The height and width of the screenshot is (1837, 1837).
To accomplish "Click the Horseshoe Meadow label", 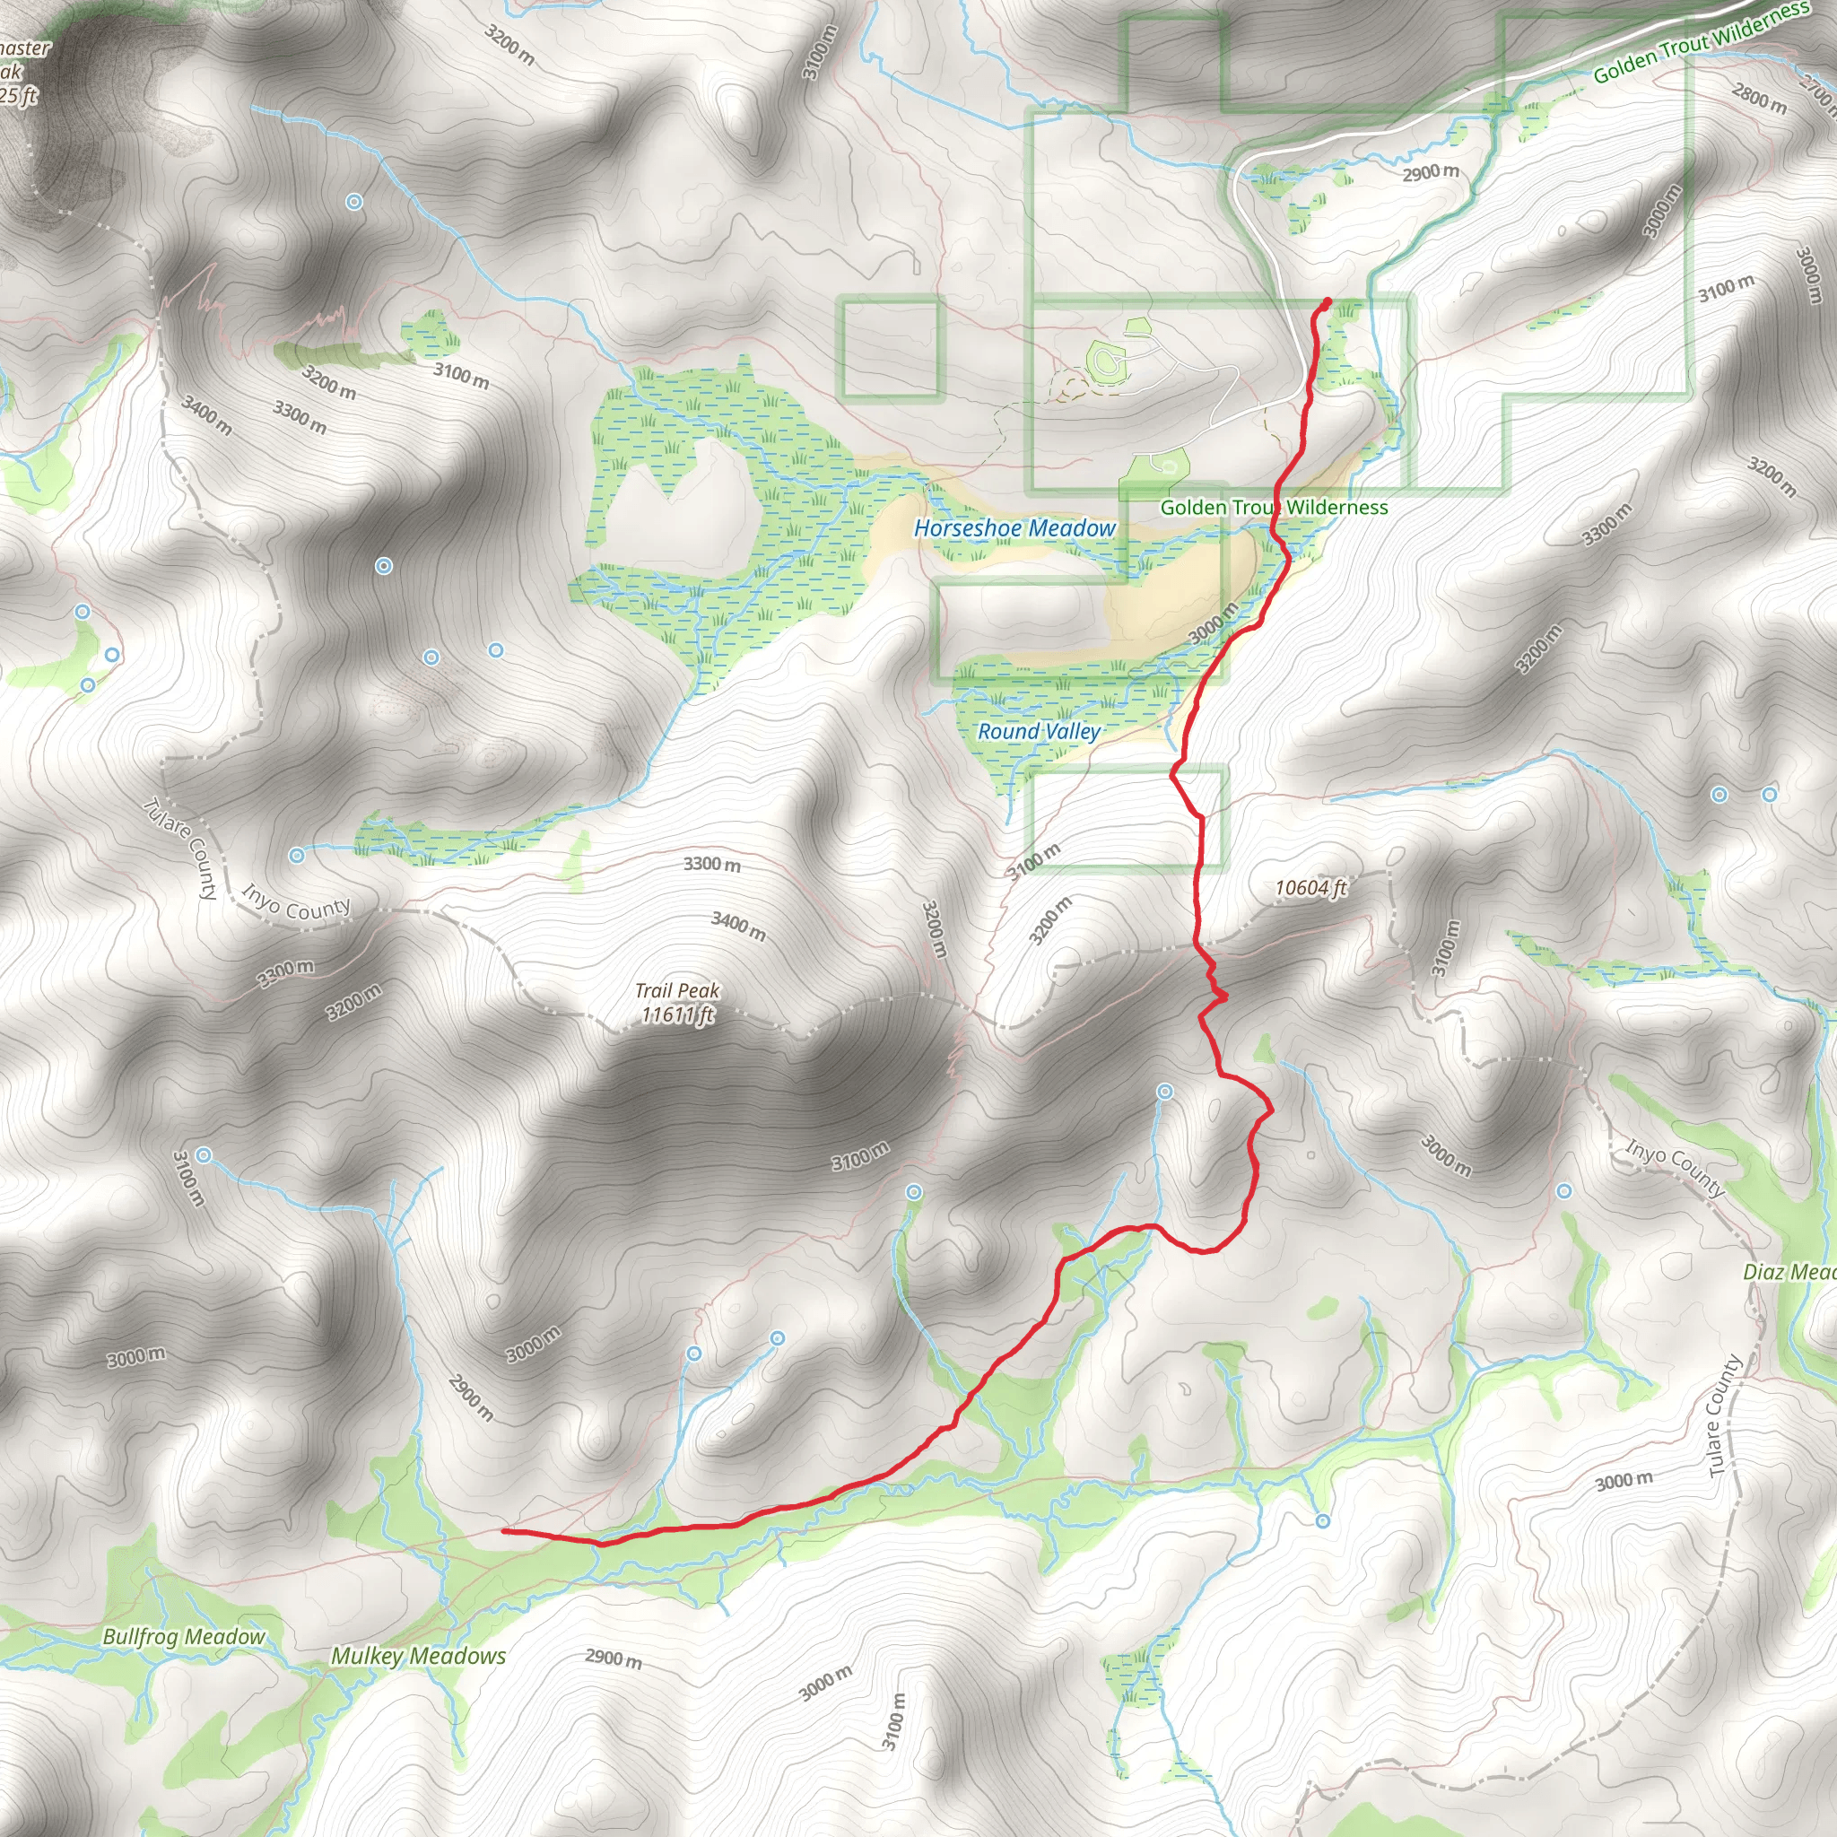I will point(1014,527).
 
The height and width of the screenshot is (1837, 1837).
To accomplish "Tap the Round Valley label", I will point(1040,731).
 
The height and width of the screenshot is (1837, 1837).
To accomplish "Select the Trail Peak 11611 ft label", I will point(677,1003).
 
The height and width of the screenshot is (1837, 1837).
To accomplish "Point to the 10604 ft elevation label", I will point(1310,888).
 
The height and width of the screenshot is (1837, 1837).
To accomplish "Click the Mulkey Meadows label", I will point(418,1657).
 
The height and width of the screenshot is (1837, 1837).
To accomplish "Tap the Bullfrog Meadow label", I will point(184,1636).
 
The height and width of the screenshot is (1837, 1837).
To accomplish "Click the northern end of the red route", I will point(1328,301).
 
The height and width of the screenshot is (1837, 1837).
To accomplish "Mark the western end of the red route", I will point(504,1531).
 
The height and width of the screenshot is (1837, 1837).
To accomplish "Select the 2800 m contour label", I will point(1759,99).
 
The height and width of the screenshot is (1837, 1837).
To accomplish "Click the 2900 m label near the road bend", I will point(1430,173).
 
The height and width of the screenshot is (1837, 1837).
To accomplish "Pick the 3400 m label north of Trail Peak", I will point(739,925).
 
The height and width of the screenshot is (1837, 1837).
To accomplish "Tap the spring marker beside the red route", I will point(1165,1092).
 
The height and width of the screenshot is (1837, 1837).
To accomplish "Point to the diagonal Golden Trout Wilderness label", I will point(1701,43).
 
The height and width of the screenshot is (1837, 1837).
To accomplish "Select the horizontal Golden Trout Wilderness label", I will point(1274,508).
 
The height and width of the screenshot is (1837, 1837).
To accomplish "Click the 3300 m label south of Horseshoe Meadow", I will point(711,864).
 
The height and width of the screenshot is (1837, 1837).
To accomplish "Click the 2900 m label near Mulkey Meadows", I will point(614,1659).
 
